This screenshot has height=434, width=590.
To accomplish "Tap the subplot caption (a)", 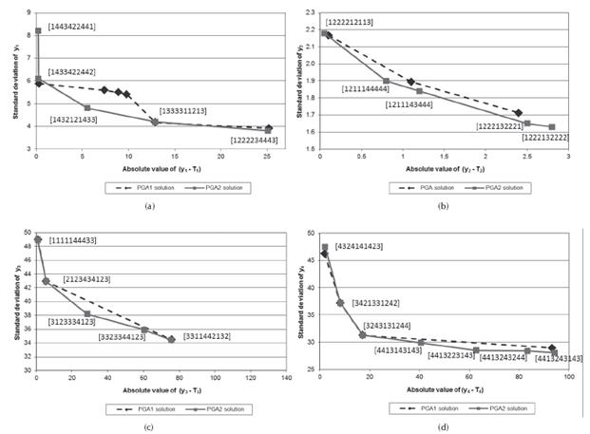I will (148, 204).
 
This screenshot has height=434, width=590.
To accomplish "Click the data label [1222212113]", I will (355, 22).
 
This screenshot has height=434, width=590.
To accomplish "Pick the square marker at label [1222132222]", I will (552, 126).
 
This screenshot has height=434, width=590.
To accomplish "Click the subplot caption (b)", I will (443, 204).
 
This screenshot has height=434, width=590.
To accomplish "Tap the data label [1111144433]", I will (73, 241).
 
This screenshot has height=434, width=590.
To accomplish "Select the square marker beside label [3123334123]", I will (87, 313).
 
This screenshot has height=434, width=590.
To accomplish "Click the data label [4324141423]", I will (358, 246).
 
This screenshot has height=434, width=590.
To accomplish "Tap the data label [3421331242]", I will (375, 303).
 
